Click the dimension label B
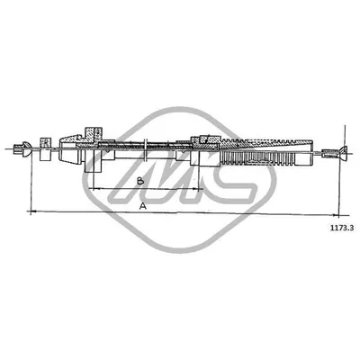pos(139,181)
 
